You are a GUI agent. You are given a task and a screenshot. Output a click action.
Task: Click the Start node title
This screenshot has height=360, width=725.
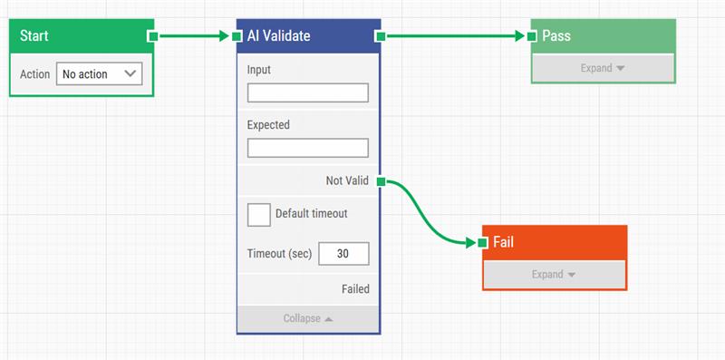(x=34, y=36)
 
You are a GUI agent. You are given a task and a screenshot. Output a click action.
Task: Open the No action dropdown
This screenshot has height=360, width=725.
(x=100, y=74)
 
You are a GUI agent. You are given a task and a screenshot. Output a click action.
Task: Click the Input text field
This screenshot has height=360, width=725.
(x=308, y=92)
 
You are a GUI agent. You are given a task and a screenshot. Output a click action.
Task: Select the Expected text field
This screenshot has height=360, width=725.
(x=308, y=148)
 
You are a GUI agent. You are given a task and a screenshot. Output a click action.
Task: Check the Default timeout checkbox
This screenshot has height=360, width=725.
(x=259, y=214)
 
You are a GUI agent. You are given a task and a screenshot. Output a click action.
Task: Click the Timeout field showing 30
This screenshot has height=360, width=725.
(x=343, y=254)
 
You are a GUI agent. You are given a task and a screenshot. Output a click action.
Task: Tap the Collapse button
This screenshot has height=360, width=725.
(x=308, y=318)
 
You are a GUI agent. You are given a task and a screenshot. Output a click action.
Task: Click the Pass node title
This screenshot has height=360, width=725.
(x=556, y=36)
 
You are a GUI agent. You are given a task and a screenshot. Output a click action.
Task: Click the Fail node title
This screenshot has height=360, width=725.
(x=504, y=243)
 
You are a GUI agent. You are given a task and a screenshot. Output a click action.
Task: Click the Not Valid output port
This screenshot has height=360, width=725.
(x=382, y=181)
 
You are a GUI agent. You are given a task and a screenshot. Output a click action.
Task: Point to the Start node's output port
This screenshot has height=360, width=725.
(x=153, y=36)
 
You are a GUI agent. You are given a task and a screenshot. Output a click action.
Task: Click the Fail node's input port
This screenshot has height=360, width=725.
(x=483, y=243)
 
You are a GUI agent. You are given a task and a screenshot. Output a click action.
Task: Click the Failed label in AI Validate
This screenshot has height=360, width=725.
(x=355, y=289)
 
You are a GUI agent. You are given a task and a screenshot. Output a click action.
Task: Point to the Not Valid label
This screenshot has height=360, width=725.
(x=347, y=181)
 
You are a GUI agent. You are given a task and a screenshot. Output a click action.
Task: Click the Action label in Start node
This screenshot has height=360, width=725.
(x=34, y=74)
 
